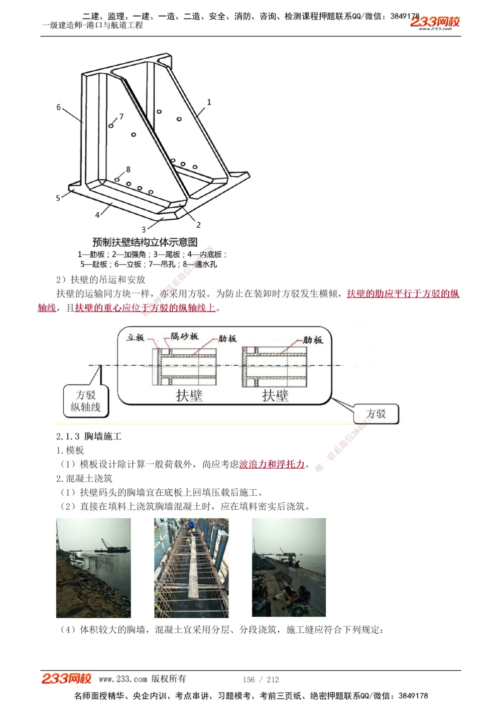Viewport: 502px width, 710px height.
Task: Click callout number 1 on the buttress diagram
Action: click(x=209, y=102)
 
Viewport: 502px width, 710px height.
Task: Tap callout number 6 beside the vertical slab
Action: click(x=59, y=107)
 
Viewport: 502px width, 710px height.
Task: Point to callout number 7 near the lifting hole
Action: click(x=121, y=117)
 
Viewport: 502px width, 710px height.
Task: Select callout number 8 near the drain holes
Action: click(x=128, y=170)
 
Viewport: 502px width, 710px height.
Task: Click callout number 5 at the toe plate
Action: click(x=58, y=198)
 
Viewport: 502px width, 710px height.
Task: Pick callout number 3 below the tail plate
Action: click(x=144, y=229)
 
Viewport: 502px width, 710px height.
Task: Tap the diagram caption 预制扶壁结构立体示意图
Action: click(x=145, y=242)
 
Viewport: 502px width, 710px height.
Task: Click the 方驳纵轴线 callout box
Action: click(x=86, y=401)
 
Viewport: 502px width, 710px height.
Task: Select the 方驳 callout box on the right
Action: click(x=376, y=414)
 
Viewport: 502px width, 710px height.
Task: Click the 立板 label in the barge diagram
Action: click(x=136, y=338)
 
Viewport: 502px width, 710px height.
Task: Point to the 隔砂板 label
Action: click(x=184, y=336)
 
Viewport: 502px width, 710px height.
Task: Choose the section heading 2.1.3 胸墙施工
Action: click(x=89, y=437)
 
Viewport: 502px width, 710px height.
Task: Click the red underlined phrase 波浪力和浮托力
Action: click(x=272, y=465)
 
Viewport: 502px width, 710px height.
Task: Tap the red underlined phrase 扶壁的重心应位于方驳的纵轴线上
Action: click(x=145, y=308)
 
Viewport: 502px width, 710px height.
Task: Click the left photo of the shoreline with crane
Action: click(x=93, y=567)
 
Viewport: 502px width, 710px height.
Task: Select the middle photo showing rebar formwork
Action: click(x=191, y=567)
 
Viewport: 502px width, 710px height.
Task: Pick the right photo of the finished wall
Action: click(x=289, y=567)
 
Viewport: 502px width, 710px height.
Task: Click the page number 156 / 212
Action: click(x=261, y=680)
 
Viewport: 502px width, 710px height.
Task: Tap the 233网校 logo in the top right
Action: click(x=435, y=23)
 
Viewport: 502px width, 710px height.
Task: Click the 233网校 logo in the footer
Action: click(x=67, y=679)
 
